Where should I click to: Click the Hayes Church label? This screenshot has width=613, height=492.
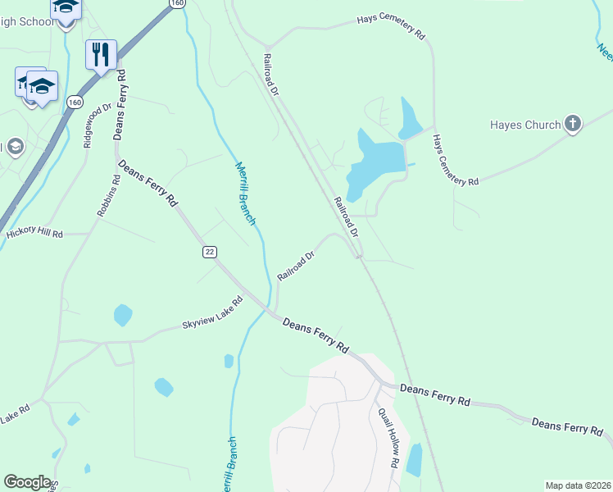(x=524, y=125)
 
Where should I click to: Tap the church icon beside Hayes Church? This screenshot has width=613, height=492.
(x=573, y=125)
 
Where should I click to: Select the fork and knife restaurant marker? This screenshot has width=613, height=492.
(x=101, y=54)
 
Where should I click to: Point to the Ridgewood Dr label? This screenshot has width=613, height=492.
(x=97, y=125)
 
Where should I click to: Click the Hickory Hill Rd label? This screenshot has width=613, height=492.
(x=34, y=234)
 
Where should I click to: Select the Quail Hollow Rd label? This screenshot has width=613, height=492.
(x=388, y=439)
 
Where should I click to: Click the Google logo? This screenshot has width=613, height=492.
(x=27, y=482)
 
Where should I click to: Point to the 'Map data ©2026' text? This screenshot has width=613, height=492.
(x=577, y=485)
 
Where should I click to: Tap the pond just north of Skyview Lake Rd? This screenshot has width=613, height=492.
(x=123, y=314)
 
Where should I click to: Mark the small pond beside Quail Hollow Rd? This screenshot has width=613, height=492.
(x=414, y=459)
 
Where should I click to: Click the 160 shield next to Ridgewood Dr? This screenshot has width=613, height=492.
(x=75, y=102)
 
